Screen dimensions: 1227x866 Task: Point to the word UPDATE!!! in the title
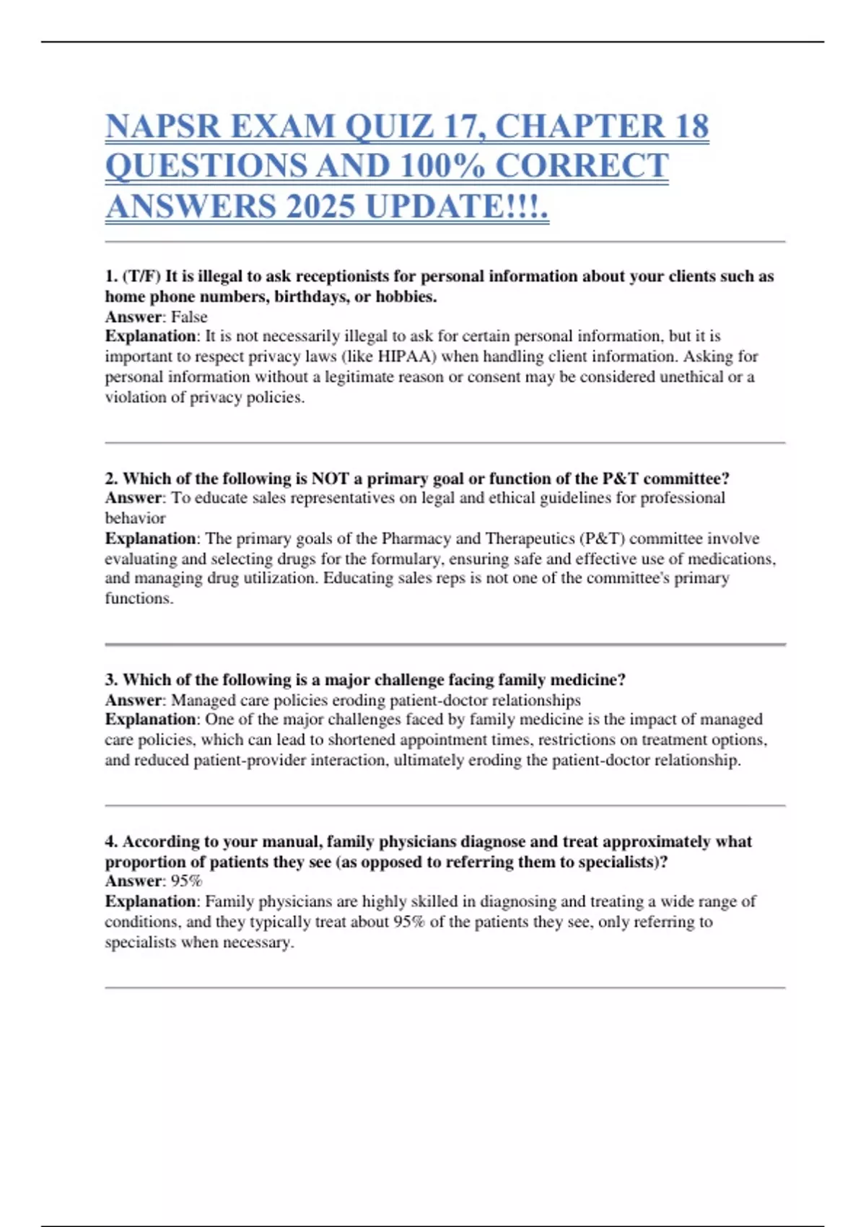pyautogui.click(x=457, y=206)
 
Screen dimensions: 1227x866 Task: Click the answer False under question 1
pyautogui.click(x=189, y=317)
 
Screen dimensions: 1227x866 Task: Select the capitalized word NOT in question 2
pyautogui.click(x=330, y=479)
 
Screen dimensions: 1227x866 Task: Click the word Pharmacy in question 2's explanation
pyautogui.click(x=416, y=538)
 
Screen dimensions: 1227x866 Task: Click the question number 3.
pyautogui.click(x=111, y=680)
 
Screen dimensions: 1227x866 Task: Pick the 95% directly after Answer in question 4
pyautogui.click(x=186, y=881)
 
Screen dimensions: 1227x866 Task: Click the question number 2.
pyautogui.click(x=111, y=479)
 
